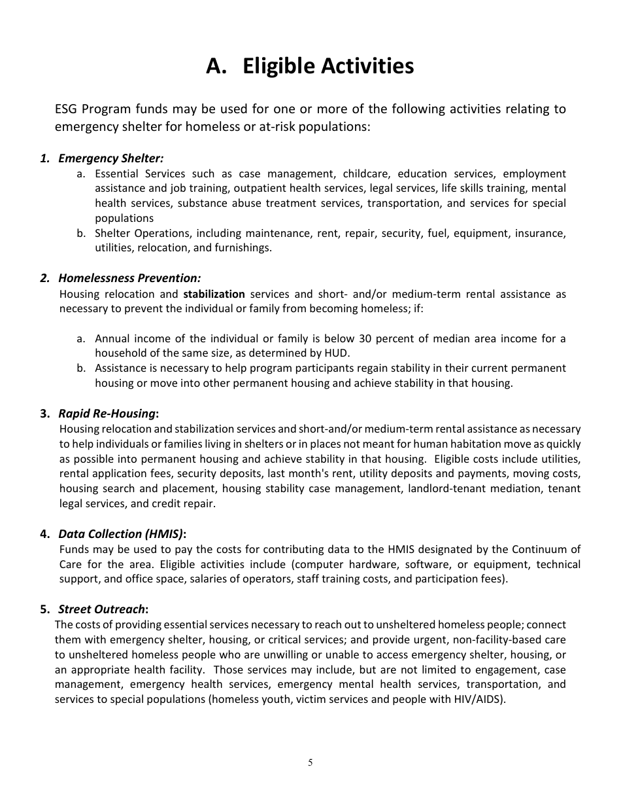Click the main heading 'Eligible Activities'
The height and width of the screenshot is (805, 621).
tap(310, 66)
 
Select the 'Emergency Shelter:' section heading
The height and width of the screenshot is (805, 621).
tap(110, 158)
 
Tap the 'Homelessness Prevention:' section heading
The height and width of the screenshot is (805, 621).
tap(129, 278)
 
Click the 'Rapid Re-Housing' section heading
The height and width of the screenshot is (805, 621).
tap(108, 414)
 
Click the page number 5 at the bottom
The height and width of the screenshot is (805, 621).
tap(310, 762)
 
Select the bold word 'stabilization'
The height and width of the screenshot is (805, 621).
tap(214, 294)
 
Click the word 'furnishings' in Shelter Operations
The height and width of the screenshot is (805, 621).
tap(242, 248)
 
